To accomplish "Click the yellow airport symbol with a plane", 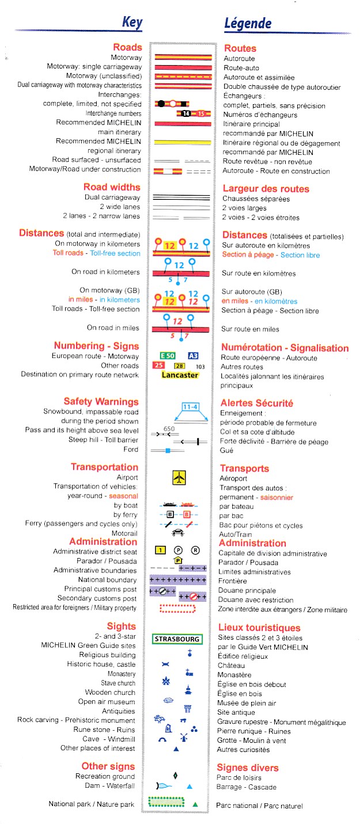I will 180,477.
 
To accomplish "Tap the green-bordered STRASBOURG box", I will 177,639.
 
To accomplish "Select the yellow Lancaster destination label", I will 180,375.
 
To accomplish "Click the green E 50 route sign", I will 167,356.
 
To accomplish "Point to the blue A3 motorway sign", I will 194,356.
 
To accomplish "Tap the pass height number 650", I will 169,429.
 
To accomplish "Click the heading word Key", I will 132,23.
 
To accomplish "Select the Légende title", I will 247,24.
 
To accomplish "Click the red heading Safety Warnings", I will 101,401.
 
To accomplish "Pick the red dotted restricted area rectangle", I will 181,607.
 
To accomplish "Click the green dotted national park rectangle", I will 166,802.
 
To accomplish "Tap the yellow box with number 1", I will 161,550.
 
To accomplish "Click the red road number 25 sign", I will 157,366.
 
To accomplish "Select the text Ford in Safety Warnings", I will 131,449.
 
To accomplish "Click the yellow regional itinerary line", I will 183,142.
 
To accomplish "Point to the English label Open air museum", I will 107,701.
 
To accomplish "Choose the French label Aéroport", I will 233,479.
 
